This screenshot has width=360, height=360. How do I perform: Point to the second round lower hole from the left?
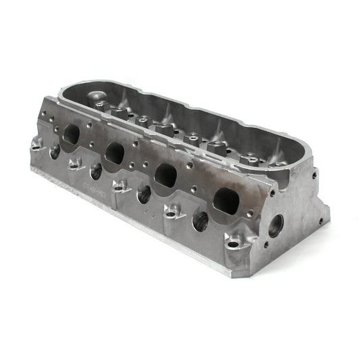[97, 172]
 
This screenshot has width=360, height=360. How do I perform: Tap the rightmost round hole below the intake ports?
[201, 221]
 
